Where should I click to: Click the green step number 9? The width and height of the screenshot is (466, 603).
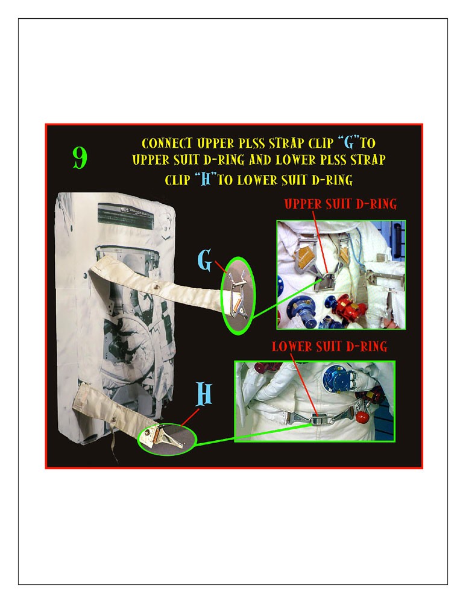coord(80,157)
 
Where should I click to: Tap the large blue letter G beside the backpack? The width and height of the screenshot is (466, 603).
coord(205,260)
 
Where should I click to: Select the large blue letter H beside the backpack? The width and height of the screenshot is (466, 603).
coord(204,393)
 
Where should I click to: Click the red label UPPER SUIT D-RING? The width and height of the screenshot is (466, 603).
coord(341,204)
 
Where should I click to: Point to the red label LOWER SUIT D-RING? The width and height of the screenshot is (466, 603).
coord(330,346)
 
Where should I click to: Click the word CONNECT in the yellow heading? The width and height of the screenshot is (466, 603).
coord(167,143)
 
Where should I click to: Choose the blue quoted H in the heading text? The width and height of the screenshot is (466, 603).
coord(206,179)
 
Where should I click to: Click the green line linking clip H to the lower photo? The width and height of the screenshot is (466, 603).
coord(253,435)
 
